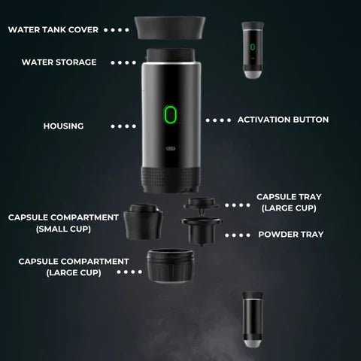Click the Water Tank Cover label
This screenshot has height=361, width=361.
coord(53,30)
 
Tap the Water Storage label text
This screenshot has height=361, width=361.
coord(59,62)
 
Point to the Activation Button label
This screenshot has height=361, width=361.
coord(283,120)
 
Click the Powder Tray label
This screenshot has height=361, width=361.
coord(291,234)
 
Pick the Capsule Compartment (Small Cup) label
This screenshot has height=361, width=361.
coord(63,223)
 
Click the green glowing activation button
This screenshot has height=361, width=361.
coord(170,115)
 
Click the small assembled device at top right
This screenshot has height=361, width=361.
coord(253,49)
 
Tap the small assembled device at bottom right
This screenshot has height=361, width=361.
coord(253,320)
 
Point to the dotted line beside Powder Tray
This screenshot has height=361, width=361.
coord(238,235)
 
